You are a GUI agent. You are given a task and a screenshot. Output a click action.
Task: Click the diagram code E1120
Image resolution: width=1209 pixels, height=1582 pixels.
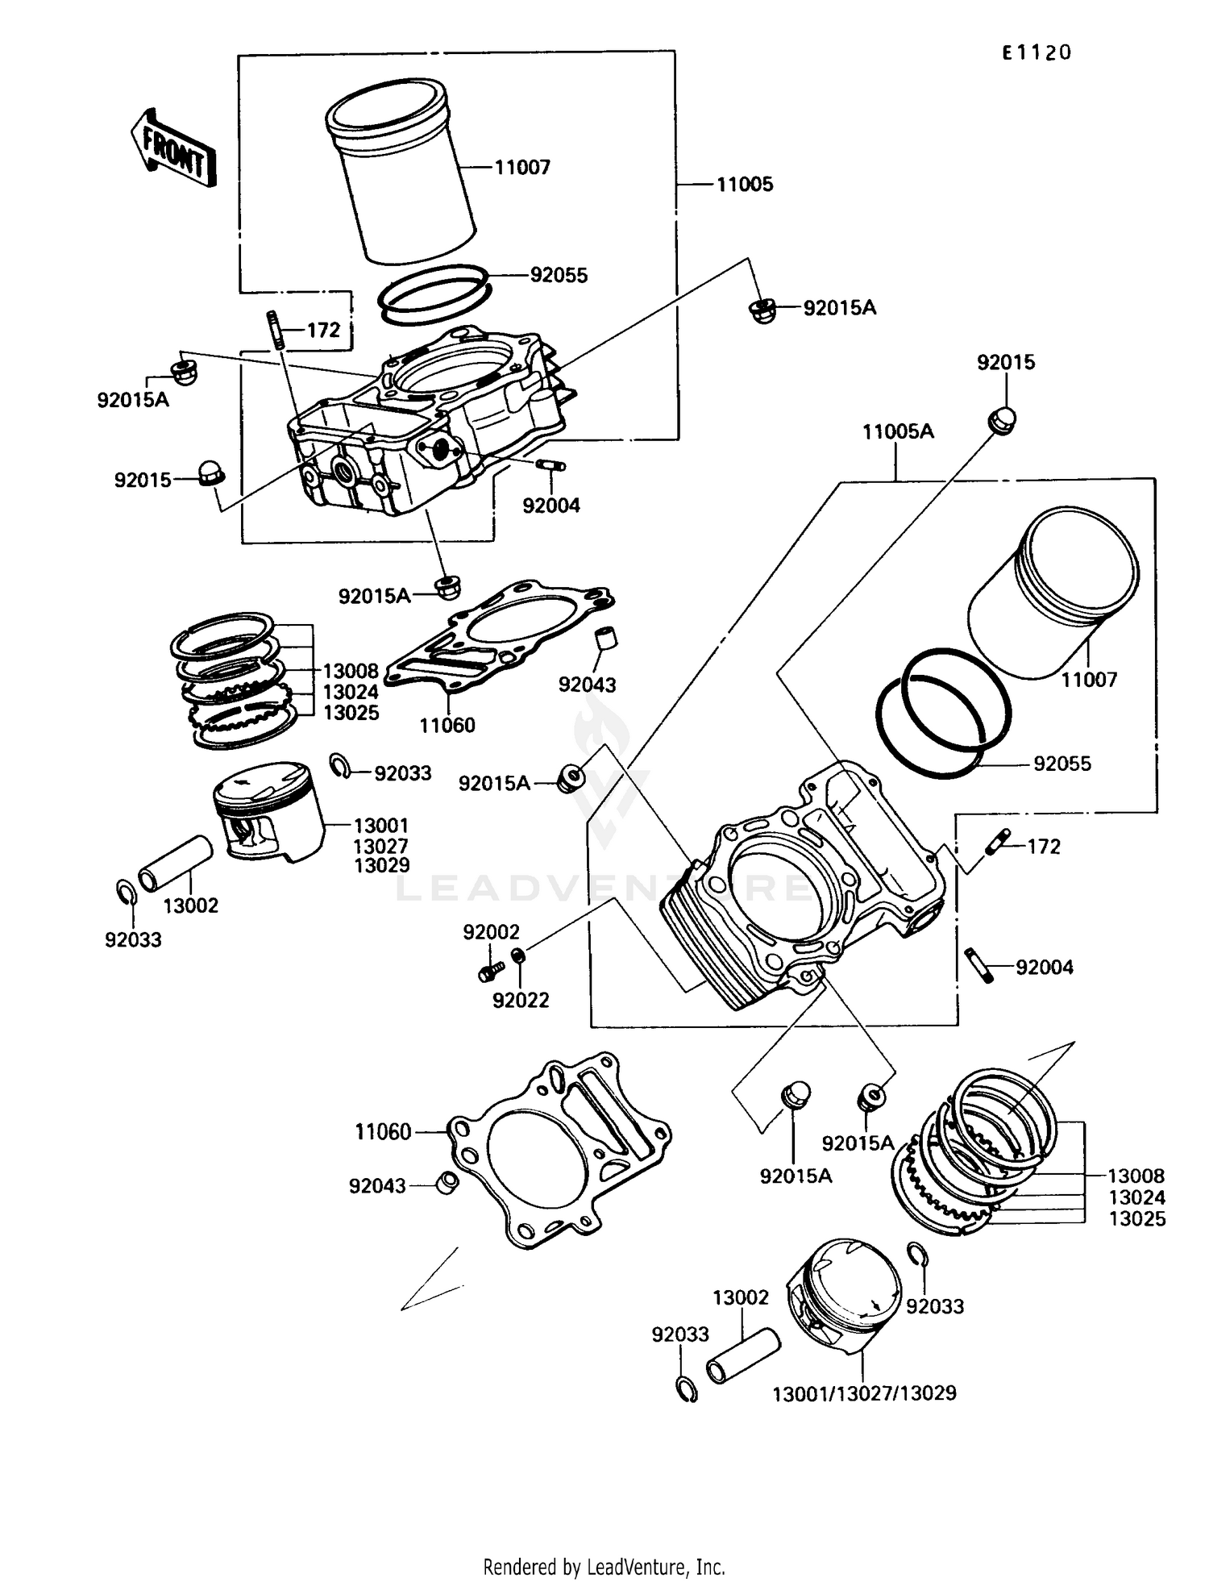coord(1037,53)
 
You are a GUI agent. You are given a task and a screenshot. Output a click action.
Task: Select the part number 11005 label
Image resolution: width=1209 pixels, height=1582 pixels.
coord(745,185)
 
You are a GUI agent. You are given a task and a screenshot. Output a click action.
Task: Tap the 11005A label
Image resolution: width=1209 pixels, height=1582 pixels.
coord(898,432)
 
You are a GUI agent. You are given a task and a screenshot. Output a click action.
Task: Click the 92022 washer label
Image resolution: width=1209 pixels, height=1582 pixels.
coord(521,1001)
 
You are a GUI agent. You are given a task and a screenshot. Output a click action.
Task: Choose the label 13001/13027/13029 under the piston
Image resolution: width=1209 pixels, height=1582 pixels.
coord(864,1393)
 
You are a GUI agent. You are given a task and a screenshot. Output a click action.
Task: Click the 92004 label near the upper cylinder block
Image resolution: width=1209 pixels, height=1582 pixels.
coord(551,506)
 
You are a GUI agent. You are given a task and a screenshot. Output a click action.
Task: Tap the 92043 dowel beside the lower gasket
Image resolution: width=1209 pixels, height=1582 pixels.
coord(447,1184)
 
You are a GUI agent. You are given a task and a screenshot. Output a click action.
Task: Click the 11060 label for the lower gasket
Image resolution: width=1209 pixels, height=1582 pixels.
coord(384,1133)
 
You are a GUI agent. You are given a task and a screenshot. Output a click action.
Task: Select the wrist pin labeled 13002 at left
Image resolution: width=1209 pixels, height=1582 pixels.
coord(176,864)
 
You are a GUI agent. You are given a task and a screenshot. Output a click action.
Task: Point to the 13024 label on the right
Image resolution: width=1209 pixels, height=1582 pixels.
coord(1136,1197)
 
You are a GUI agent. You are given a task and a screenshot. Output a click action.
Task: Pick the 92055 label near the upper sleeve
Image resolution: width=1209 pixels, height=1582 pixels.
coord(559,276)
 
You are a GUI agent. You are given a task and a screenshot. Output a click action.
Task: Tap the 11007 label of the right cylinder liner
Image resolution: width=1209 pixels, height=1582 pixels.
coord(1089,680)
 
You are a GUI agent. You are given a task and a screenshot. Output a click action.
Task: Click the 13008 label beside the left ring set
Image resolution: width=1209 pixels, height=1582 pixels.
coord(351,671)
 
